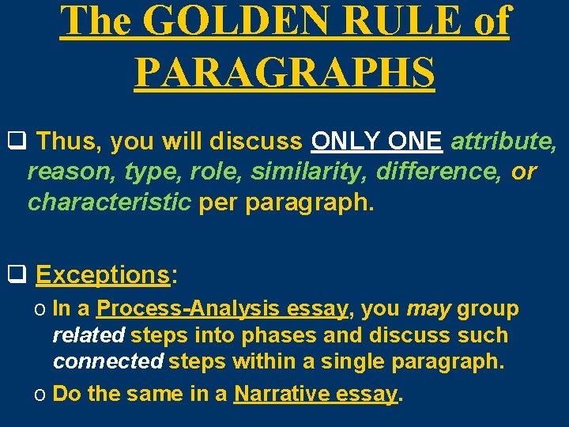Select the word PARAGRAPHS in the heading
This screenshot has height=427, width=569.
pos(284,72)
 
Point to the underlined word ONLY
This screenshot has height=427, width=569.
pos(344,142)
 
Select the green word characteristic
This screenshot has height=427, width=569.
pos(109,202)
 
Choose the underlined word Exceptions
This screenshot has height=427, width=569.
pos(103,275)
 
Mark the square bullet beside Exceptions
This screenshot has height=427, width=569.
pos(17,275)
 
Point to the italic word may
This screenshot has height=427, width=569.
pos(428,309)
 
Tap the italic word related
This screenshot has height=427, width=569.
pos(89,335)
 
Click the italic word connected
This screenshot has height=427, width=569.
pos(107,361)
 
